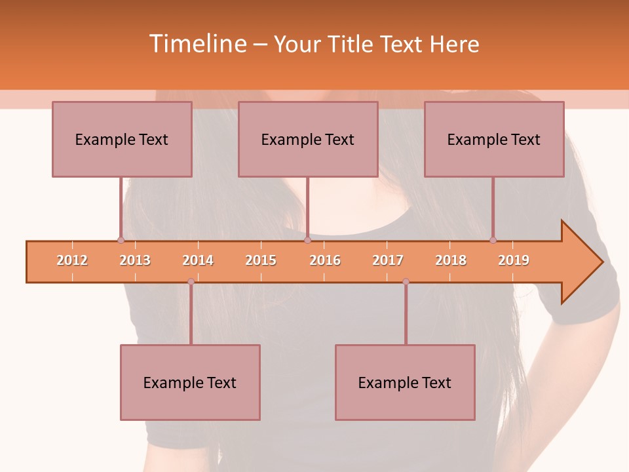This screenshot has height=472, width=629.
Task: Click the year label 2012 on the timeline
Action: (72, 260)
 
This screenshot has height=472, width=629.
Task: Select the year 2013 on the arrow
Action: (135, 260)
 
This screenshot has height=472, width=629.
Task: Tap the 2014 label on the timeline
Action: (198, 260)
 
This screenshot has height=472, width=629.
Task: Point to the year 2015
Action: (261, 260)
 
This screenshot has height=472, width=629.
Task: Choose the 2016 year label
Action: (325, 260)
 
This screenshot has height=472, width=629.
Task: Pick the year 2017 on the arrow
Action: (388, 260)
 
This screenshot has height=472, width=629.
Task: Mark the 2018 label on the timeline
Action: (451, 260)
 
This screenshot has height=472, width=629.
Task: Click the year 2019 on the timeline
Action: (514, 260)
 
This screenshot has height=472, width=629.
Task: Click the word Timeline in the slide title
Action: (197, 44)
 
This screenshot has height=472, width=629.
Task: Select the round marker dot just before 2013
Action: (121, 241)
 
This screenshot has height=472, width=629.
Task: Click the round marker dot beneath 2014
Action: (191, 281)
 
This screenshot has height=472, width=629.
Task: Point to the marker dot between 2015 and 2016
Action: (307, 241)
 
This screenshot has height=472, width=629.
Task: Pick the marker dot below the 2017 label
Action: (406, 281)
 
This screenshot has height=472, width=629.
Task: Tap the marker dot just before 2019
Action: (493, 241)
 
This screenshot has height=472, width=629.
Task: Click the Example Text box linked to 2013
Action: (122, 140)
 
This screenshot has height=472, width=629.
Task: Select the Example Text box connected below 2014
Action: (190, 383)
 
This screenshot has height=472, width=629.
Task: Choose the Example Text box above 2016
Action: (308, 140)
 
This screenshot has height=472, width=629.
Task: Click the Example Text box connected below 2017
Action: (405, 383)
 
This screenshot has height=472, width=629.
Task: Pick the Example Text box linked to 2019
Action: (494, 140)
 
